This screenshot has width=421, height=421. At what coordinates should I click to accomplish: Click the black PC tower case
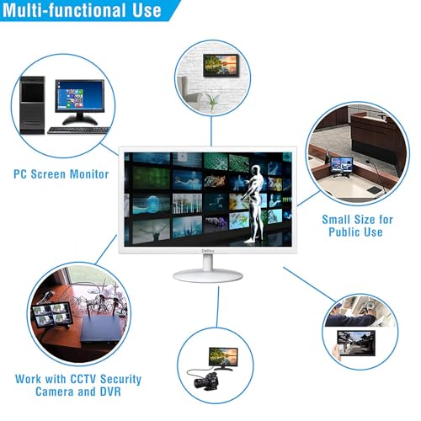[x=32, y=105]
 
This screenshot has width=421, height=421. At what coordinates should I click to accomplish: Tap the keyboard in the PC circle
[x=78, y=131]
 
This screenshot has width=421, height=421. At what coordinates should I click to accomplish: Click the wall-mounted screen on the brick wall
[x=221, y=65]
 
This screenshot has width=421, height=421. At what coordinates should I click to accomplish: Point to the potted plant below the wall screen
[x=212, y=104]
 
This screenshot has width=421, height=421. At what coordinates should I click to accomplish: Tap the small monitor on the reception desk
[x=342, y=165]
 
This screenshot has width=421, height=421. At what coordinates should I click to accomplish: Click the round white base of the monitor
[x=208, y=276]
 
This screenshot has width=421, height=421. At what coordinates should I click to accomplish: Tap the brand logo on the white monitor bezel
[x=208, y=251]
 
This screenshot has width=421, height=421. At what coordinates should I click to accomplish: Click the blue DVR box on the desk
[x=102, y=328]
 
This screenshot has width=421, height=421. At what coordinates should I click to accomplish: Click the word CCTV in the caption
[x=83, y=379]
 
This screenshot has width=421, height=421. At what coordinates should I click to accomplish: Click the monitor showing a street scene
[x=356, y=343]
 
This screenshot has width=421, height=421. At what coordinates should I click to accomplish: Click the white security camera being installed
[x=370, y=305]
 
